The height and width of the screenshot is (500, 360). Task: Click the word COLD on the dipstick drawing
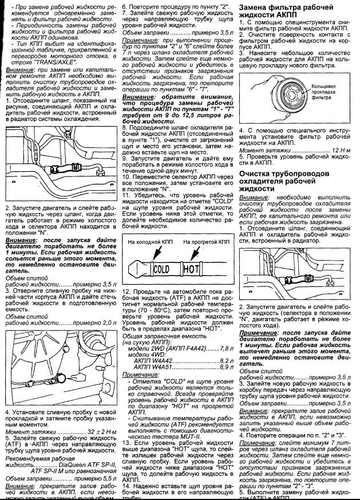tap(163, 268)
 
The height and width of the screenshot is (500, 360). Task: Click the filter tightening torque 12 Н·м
tap(336, 150)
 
